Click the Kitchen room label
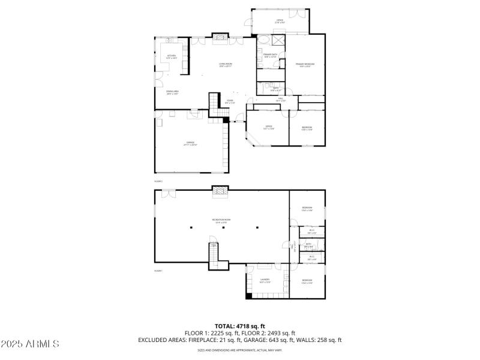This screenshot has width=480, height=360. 171,57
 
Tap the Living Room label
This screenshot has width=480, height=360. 226,65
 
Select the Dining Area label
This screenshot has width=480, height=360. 173,92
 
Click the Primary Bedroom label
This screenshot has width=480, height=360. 305,65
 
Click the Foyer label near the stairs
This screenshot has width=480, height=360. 230,101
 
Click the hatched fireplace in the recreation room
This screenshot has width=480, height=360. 221,192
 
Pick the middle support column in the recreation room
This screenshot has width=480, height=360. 224,227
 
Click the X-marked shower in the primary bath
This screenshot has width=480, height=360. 278,40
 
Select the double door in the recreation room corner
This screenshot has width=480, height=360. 169,193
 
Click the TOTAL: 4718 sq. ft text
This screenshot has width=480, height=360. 240,326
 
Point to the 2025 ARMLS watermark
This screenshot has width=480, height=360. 30,344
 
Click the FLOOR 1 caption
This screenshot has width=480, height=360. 158,271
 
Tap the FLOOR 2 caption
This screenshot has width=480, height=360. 158,181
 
